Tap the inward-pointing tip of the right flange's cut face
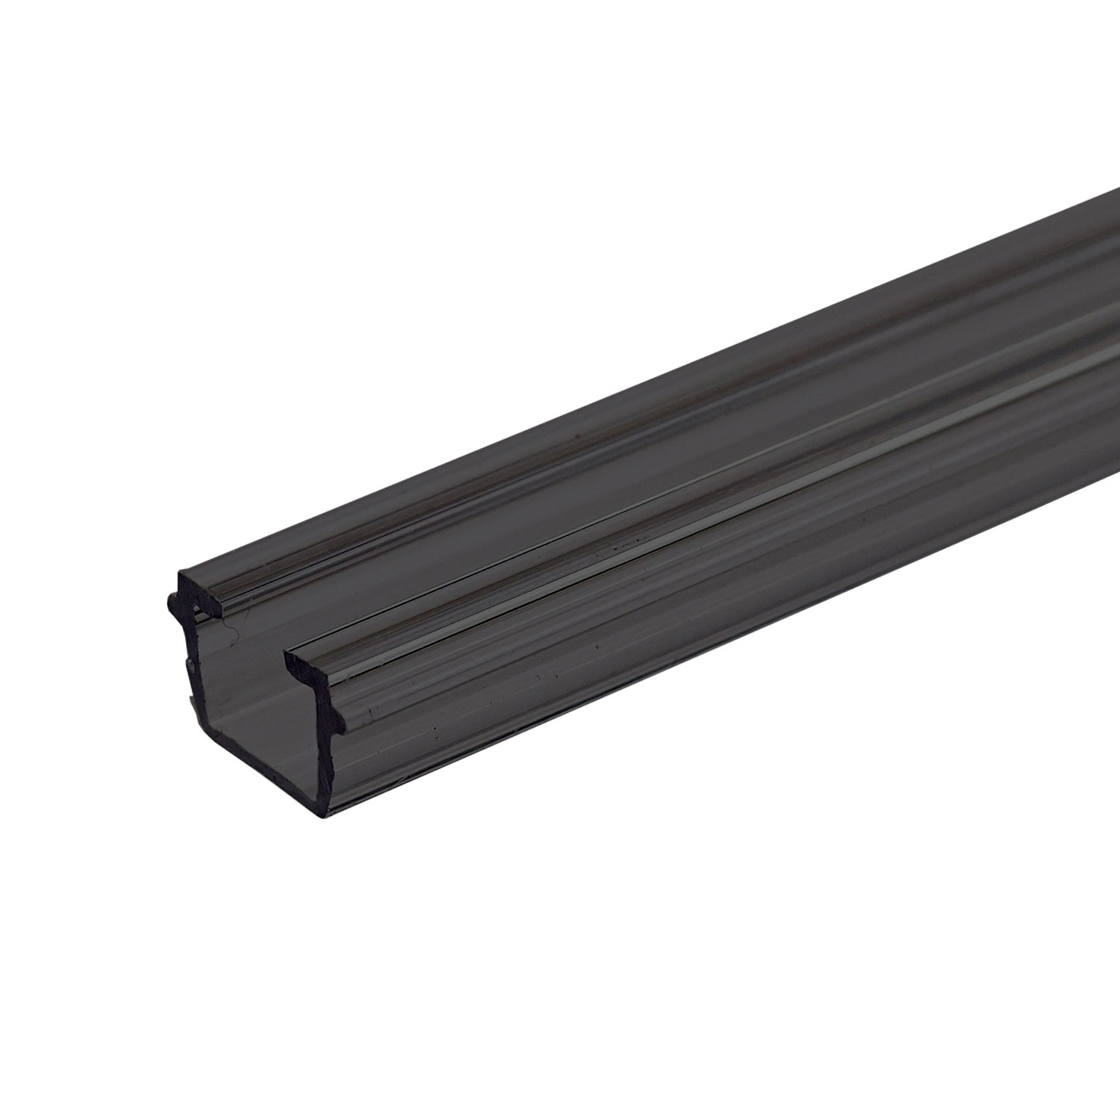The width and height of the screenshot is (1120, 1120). (287, 656)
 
